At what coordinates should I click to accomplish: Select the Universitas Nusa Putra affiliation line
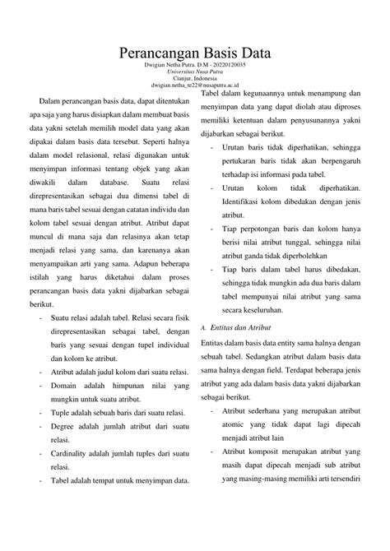(194, 72)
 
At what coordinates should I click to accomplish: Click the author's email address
(194, 85)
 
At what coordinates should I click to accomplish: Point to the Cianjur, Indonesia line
(194, 79)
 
